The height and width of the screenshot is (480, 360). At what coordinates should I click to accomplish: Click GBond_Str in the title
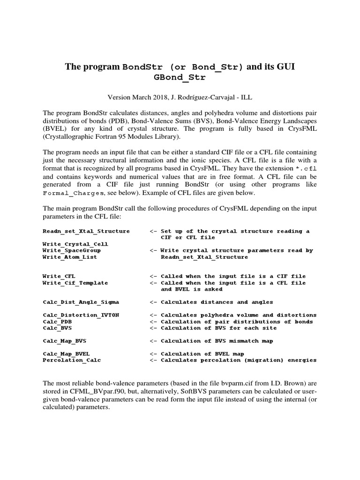tap(180, 77)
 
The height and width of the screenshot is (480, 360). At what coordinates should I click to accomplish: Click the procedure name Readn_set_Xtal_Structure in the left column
tap(86, 232)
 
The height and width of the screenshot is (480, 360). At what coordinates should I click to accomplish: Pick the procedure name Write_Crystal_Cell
tap(75, 244)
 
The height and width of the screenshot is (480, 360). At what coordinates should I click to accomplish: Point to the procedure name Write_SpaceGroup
tap(71, 251)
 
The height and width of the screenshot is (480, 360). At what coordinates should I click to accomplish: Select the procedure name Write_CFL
tap(59, 277)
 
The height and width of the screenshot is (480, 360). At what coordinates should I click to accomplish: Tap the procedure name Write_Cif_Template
tap(75, 283)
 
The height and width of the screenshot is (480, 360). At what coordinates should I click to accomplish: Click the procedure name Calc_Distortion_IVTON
tap(81, 315)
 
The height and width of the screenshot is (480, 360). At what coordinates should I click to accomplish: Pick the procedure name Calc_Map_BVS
tap(65, 341)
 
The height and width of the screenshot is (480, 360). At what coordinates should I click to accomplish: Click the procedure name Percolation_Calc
tap(71, 360)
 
